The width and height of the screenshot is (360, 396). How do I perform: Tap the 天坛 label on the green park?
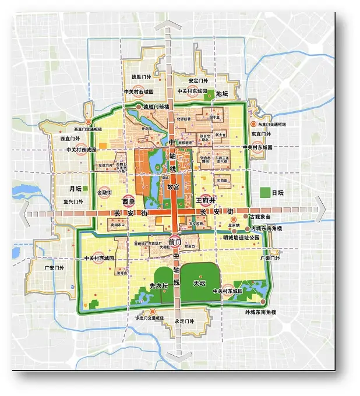point(200,283)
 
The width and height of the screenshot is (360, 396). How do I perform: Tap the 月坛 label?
point(75,189)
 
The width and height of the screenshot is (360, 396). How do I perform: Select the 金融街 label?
point(105,192)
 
